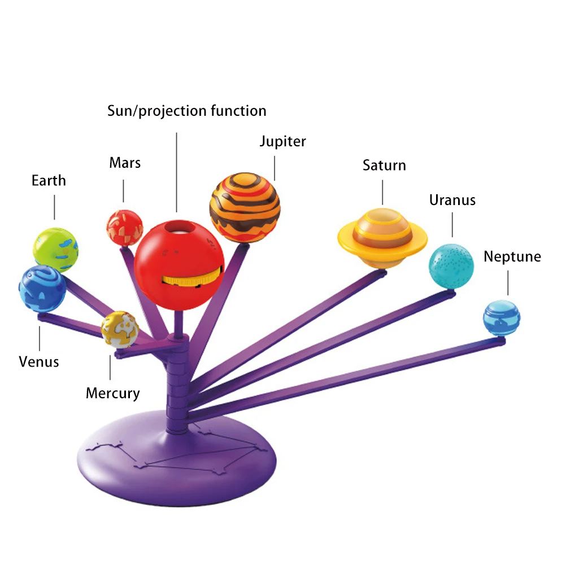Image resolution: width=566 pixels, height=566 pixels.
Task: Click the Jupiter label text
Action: pyautogui.click(x=282, y=141)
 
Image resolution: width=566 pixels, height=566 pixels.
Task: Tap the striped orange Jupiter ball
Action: pyautogui.click(x=245, y=207)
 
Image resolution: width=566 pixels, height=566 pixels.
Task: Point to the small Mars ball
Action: pyautogui.click(x=124, y=228)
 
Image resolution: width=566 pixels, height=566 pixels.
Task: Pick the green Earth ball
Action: pyautogui.click(x=55, y=249)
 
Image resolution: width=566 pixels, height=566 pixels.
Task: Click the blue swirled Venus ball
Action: pyautogui.click(x=42, y=289)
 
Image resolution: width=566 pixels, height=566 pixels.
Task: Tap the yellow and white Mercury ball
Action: pyautogui.click(x=120, y=329)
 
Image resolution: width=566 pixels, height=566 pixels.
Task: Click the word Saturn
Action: pyautogui.click(x=384, y=166)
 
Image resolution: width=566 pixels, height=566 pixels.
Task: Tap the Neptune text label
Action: pyautogui.click(x=512, y=257)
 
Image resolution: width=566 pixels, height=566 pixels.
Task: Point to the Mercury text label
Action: pyautogui.click(x=112, y=393)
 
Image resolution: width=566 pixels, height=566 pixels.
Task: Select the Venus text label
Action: pyautogui.click(x=39, y=362)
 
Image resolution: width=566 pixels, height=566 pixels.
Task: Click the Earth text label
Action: pyautogui.click(x=49, y=181)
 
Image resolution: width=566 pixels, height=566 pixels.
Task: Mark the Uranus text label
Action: pyautogui.click(x=452, y=200)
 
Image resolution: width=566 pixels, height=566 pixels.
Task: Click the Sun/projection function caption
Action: pyautogui.click(x=186, y=111)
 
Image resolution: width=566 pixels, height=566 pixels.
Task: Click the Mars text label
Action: pyautogui.click(x=125, y=163)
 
